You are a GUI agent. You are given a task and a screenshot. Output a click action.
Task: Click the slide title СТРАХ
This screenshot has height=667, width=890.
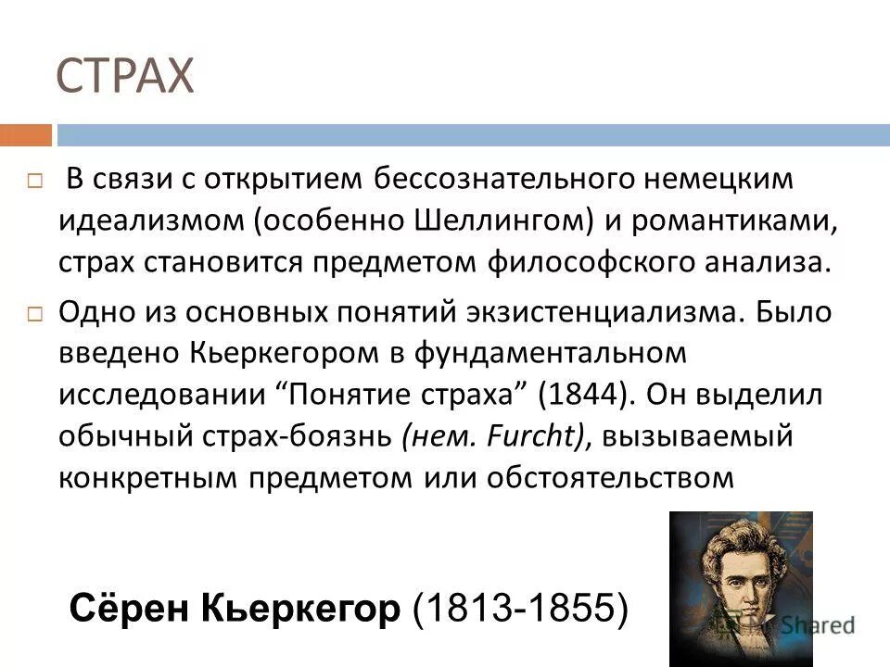[x=125, y=76]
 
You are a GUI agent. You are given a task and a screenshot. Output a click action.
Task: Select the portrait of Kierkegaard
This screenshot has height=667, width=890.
[x=741, y=587]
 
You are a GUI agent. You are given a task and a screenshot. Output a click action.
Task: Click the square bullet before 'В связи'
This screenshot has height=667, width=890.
[x=35, y=182]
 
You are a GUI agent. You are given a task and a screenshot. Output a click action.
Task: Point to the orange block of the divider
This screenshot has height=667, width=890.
[x=25, y=135]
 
